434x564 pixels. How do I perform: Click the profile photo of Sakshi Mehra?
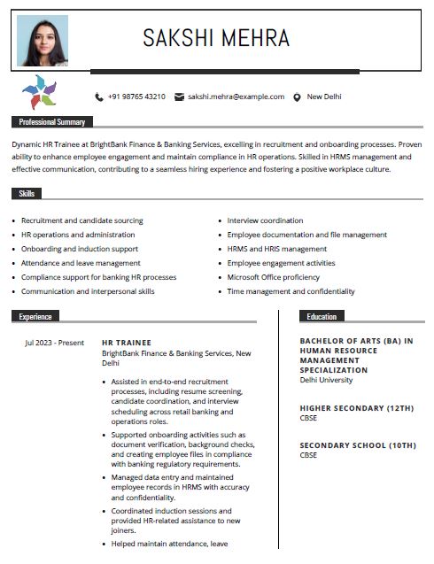click(x=43, y=41)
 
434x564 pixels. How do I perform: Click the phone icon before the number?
click(x=98, y=97)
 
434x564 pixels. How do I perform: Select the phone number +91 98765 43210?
click(x=136, y=97)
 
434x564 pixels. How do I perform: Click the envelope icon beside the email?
click(x=179, y=97)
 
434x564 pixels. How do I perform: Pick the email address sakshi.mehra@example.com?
click(x=236, y=97)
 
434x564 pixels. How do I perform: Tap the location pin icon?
click(x=298, y=97)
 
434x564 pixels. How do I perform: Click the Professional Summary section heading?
click(x=52, y=122)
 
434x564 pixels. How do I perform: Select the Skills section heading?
click(x=27, y=193)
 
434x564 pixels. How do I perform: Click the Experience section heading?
click(x=35, y=316)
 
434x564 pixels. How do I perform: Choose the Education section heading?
click(x=322, y=316)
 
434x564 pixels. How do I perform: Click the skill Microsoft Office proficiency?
click(x=273, y=277)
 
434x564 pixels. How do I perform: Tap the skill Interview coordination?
click(x=265, y=220)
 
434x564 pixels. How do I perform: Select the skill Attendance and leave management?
click(x=81, y=263)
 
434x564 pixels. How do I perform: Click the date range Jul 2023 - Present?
click(x=54, y=342)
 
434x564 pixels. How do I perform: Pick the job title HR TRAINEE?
click(x=127, y=342)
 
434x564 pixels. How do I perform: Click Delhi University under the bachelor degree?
click(x=326, y=380)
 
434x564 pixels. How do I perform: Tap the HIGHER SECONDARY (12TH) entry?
click(x=357, y=408)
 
